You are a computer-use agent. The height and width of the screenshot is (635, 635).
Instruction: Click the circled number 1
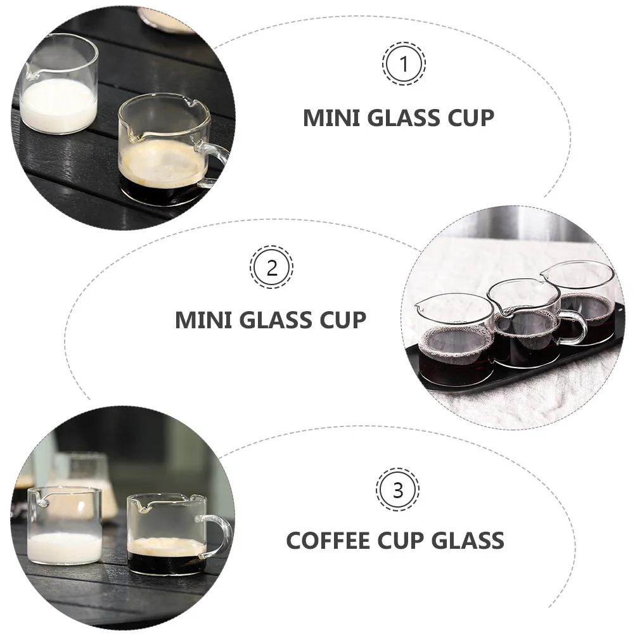click(404, 63)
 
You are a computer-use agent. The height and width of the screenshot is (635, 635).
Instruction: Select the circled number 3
click(397, 490)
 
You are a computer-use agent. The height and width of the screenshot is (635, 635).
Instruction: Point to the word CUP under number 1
click(468, 118)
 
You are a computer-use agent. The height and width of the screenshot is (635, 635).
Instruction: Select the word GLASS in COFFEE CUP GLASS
click(468, 541)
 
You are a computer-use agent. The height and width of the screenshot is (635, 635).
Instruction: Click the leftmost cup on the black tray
click(454, 339)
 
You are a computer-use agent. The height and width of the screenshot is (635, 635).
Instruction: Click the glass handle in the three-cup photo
click(574, 326)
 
